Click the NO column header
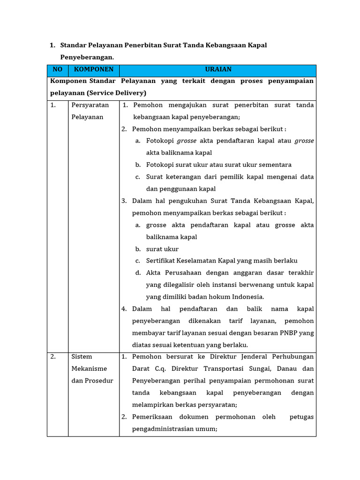coord(58,69)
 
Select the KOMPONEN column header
coord(93,69)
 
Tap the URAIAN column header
coord(218,69)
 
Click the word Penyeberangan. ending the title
coord(87,57)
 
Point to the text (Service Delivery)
coord(116,93)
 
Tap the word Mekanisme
coord(89,368)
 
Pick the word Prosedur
coord(99,381)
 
